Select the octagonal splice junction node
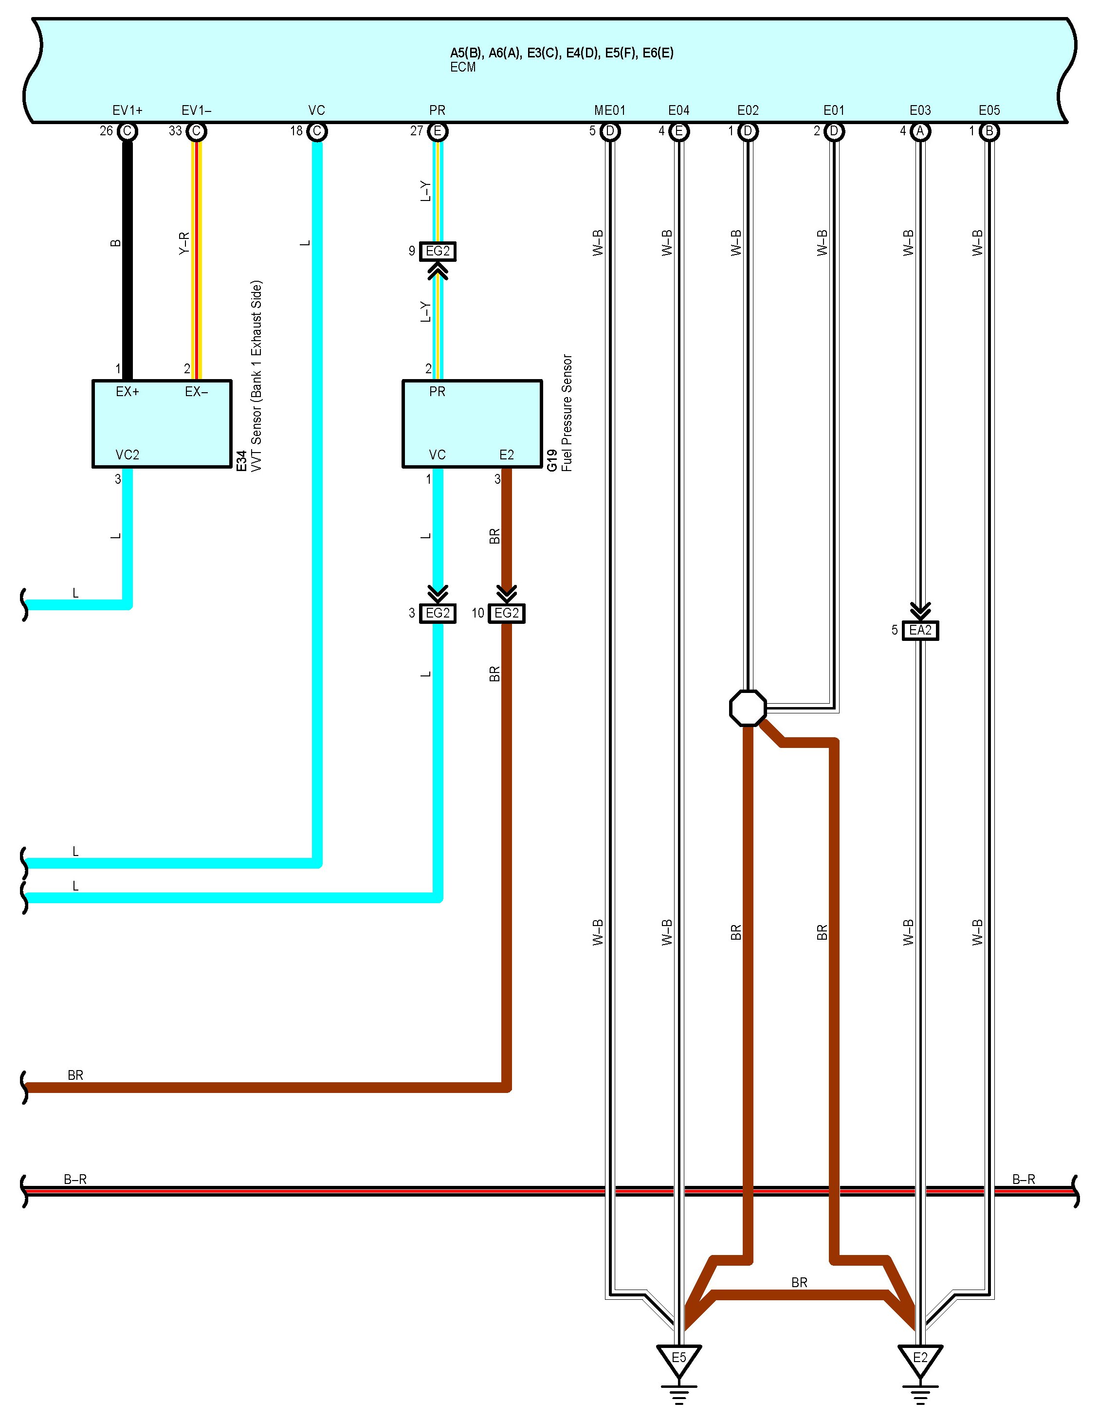(x=748, y=708)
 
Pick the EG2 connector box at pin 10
(x=506, y=613)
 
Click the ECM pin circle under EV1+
(x=128, y=131)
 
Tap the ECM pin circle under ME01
(x=609, y=131)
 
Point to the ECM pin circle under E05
(x=989, y=131)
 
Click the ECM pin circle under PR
(x=437, y=131)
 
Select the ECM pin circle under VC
(x=316, y=131)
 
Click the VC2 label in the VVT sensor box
(x=128, y=455)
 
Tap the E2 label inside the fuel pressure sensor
(x=506, y=455)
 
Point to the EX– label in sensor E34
(x=196, y=392)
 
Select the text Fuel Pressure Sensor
(x=567, y=413)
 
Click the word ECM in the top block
(x=462, y=68)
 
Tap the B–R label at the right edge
(x=1023, y=1179)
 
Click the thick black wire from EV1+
(x=128, y=260)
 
